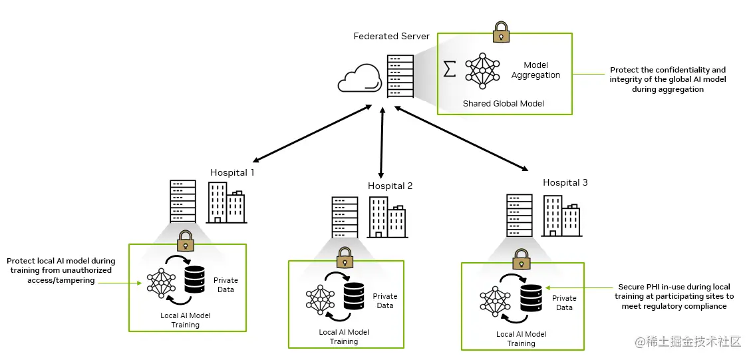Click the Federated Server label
tap(391, 36)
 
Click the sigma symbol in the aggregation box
tap(450, 69)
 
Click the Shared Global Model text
tap(503, 104)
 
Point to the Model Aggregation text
tap(535, 70)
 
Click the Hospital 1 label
tap(232, 172)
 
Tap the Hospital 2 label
tap(390, 186)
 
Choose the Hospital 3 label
tap(565, 182)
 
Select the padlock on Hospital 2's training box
tap(344, 256)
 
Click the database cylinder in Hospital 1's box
tap(195, 279)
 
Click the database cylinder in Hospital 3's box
tap(531, 297)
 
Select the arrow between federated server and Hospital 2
tap(382, 141)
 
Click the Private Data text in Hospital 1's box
tap(226, 285)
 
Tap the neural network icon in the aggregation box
tap(482, 70)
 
